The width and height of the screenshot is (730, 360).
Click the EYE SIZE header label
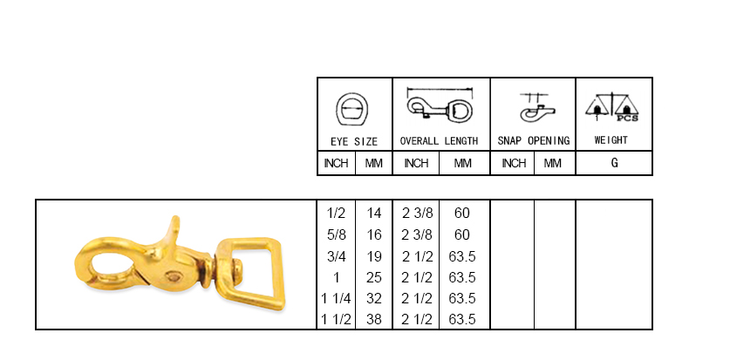pos(354,141)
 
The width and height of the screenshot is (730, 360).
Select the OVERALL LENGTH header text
pos(439,141)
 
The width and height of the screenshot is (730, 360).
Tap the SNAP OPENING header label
pos(534,141)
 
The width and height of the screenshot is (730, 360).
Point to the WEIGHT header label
pos(611,140)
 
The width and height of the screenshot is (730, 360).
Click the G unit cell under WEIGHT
pos(615,163)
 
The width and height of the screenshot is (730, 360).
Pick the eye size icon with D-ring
pos(352,109)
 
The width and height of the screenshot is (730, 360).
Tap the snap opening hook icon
pos(536,108)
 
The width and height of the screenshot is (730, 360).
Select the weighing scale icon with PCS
pos(611,107)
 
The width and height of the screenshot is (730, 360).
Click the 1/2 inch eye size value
pos(337,213)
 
